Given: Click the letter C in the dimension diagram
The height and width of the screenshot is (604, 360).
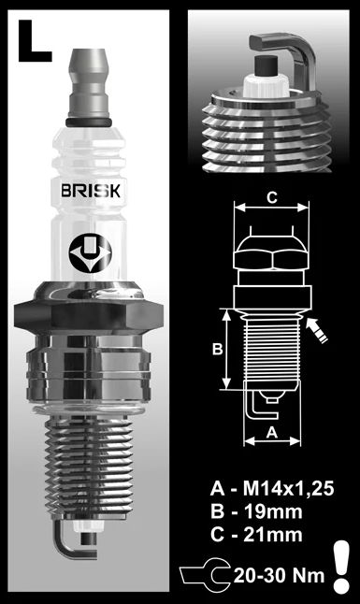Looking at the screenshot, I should click(x=271, y=197).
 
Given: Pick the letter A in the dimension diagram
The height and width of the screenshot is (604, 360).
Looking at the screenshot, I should click(x=270, y=432).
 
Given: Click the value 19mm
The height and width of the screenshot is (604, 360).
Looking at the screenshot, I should click(x=270, y=511).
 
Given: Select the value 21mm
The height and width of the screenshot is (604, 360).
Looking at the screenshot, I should click(x=270, y=534).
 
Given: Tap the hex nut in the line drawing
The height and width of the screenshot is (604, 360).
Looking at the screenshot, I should click(x=271, y=253).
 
